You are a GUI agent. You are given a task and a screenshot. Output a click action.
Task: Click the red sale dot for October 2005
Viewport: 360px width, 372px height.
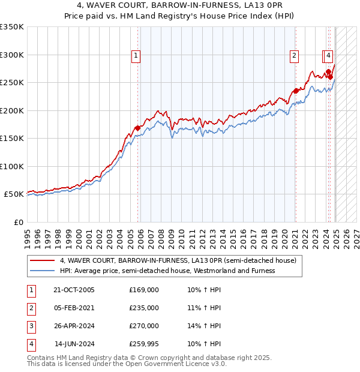coord(138,128)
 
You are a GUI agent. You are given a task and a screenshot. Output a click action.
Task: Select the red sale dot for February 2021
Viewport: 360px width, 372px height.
coord(296,91)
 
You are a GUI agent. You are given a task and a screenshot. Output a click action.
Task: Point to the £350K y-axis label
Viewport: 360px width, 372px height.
coord(12,27)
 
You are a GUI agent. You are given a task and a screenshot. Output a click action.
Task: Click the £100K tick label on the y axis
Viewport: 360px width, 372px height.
coord(12,166)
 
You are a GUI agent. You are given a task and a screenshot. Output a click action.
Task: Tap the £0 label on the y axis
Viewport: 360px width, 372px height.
coord(19,222)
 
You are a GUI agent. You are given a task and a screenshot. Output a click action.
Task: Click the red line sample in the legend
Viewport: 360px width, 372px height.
coord(42,261)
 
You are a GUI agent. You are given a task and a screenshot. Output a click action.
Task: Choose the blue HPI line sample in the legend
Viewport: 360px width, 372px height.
coord(42,271)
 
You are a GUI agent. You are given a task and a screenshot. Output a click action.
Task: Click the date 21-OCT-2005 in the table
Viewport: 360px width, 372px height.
coord(74,290)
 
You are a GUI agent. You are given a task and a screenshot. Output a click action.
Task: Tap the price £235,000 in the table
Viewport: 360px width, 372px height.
coord(144,308)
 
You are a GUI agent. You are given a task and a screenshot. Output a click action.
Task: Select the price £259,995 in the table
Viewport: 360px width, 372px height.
coord(144,344)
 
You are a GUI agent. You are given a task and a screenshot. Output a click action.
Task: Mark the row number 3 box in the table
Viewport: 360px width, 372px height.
coord(29,326)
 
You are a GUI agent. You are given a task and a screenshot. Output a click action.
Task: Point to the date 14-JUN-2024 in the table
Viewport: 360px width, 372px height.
coord(74,344)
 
